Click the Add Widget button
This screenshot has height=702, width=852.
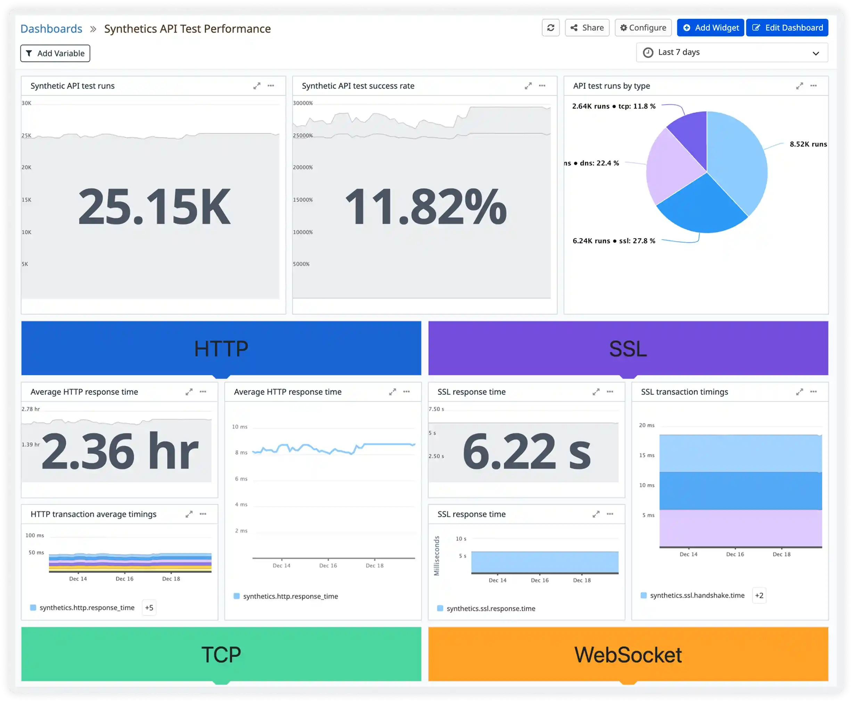point(710,27)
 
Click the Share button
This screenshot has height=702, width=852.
point(587,27)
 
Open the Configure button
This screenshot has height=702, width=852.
point(643,27)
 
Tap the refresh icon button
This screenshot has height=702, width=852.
point(550,27)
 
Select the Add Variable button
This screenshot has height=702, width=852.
point(55,53)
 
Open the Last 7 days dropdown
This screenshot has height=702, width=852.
point(732,53)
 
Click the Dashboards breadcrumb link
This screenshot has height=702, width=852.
point(51,29)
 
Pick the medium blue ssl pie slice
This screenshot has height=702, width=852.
point(701,206)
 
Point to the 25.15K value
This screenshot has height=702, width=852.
point(154,207)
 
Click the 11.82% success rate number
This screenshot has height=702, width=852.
point(425,207)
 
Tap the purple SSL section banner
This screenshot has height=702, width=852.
point(628,348)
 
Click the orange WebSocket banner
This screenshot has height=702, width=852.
point(628,654)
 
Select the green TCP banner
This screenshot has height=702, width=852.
point(221,654)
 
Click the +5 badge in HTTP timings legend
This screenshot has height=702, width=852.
point(149,607)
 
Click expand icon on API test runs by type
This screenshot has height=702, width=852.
point(799,86)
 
